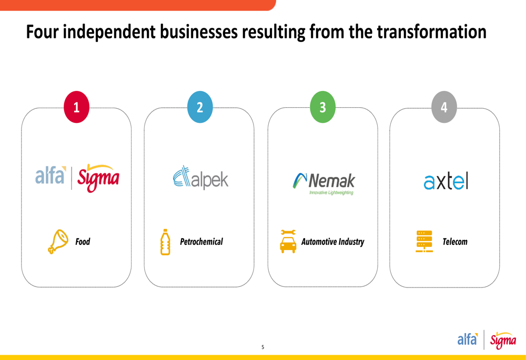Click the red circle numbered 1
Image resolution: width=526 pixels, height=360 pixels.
point(76,107)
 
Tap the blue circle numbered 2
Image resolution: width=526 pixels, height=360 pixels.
point(200,107)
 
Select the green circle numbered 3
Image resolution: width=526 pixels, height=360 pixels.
point(323,107)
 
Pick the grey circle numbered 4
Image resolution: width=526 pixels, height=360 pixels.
point(444,107)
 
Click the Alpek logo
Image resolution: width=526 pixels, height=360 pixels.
point(200,178)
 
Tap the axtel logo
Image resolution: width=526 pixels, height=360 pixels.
point(446,181)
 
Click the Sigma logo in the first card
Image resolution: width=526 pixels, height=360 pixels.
point(98,178)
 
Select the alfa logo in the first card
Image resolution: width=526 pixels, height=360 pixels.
point(50,176)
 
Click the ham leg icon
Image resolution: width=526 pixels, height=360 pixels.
point(58,242)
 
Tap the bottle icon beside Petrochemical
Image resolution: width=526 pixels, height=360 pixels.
point(165,242)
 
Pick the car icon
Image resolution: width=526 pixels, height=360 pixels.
point(288,242)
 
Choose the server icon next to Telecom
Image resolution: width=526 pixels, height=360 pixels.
point(424,241)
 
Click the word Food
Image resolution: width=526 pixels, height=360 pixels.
point(83,242)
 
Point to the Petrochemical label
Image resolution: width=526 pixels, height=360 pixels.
point(201,242)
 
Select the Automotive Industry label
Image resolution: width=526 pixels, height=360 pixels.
point(333,242)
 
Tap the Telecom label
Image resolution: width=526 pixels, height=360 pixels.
point(455,242)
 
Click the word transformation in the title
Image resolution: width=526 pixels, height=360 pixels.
point(432,32)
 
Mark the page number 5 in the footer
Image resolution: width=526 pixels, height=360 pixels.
point(262,347)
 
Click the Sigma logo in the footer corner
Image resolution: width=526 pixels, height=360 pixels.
point(503,340)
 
